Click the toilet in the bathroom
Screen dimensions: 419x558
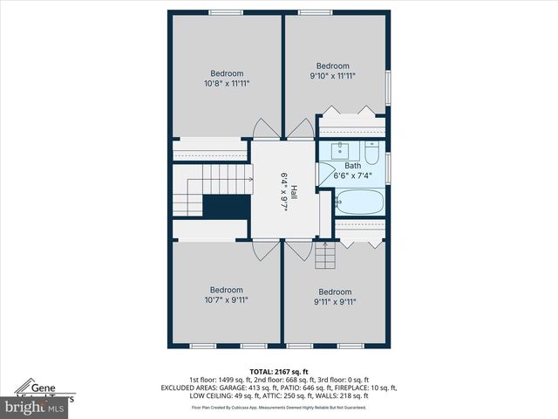tap(372, 154)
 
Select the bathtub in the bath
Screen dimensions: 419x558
tap(358, 203)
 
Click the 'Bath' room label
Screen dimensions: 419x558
tap(352, 166)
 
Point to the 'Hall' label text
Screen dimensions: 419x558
tap(294, 194)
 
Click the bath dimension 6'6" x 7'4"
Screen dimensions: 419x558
tap(352, 175)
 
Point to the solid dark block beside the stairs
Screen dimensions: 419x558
tap(226, 207)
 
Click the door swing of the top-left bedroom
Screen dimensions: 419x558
tap(262, 129)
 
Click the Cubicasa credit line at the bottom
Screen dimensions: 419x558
tap(278, 408)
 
